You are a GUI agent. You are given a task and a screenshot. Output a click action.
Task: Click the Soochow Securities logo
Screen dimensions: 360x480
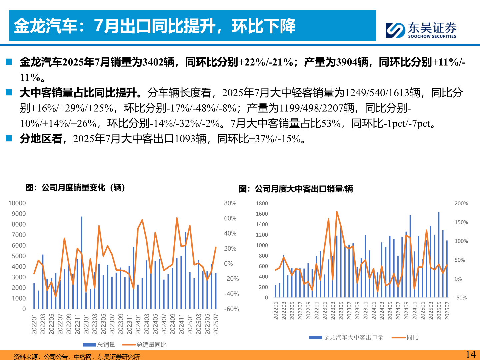[x=421, y=30]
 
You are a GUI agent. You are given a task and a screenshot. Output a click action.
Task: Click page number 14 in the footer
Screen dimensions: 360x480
[x=470, y=354]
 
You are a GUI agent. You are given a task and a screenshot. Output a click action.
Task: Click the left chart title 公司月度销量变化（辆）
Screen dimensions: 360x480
[x=75, y=188]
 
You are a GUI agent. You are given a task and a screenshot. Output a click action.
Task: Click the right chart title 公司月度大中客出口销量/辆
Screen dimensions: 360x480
[x=296, y=189]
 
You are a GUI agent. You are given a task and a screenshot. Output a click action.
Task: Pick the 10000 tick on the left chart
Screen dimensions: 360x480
[x=17, y=203]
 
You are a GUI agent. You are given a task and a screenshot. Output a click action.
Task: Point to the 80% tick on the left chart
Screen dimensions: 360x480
[x=230, y=203]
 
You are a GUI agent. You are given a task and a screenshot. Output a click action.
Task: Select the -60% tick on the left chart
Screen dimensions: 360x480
[x=231, y=309]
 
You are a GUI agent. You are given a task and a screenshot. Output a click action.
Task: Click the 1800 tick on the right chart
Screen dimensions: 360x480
[x=262, y=203]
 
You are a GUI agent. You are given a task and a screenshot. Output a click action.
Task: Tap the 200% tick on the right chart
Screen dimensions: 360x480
[x=461, y=203]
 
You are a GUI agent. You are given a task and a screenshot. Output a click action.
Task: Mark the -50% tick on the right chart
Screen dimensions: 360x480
[x=461, y=298]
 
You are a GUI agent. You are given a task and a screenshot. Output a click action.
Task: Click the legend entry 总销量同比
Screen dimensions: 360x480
[x=151, y=345]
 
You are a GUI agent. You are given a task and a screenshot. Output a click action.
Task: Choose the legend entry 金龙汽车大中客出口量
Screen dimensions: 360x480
[x=353, y=338]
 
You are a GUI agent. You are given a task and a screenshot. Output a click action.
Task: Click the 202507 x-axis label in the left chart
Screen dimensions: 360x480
[x=216, y=324]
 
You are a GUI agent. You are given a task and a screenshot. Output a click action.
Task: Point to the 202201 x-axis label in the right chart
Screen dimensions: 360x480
[x=276, y=311]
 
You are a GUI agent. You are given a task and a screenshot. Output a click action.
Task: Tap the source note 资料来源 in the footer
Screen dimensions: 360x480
[x=77, y=357]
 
